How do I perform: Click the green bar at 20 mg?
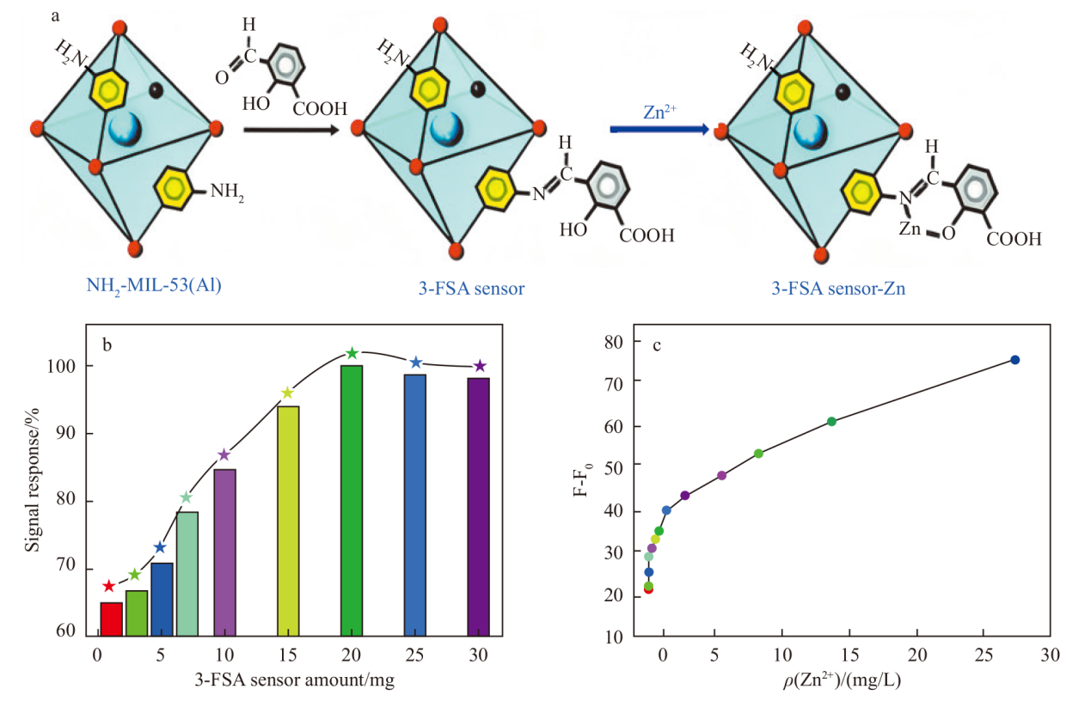click(352, 500)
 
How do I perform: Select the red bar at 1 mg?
click(111, 619)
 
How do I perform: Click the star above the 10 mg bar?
click(224, 454)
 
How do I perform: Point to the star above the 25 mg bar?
click(415, 363)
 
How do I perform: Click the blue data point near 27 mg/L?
click(1014, 360)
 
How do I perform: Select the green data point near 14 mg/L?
click(831, 421)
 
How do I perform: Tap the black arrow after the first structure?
click(290, 130)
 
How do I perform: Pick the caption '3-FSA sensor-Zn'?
click(838, 289)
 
